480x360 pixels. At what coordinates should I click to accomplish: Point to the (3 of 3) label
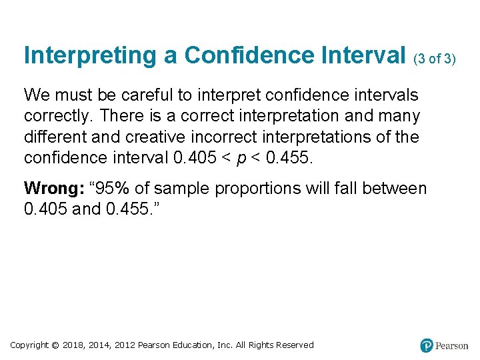tap(435, 59)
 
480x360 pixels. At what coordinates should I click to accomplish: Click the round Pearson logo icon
tap(427, 345)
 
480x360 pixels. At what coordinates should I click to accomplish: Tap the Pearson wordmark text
tap(453, 345)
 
